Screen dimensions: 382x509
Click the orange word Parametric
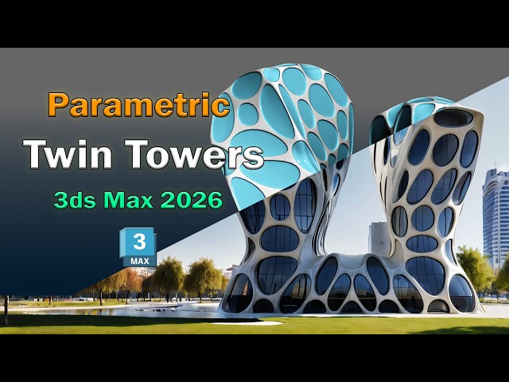click(138, 106)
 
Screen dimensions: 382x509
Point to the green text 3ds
click(73, 200)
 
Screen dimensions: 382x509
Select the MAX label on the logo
click(138, 260)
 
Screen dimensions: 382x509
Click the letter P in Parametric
click(57, 106)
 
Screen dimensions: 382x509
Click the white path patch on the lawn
click(247, 322)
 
